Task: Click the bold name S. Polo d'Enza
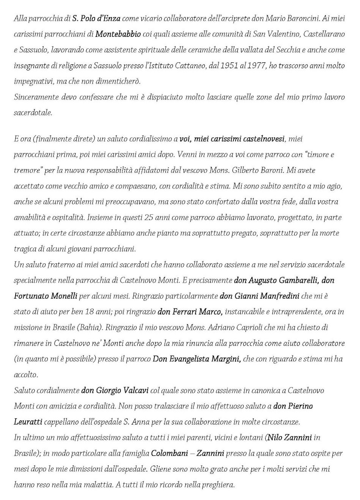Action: click(x=95, y=18)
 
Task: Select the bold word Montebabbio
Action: click(x=118, y=34)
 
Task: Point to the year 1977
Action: click(x=255, y=66)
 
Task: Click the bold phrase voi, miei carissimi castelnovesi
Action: click(x=232, y=139)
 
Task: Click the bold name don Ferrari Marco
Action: click(x=190, y=312)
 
